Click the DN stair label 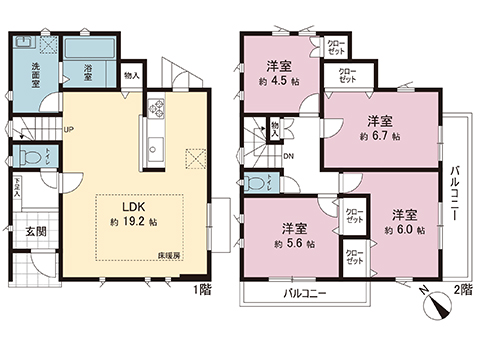tap(288, 156)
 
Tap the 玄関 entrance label tap(36, 233)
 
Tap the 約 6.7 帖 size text tap(381, 135)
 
